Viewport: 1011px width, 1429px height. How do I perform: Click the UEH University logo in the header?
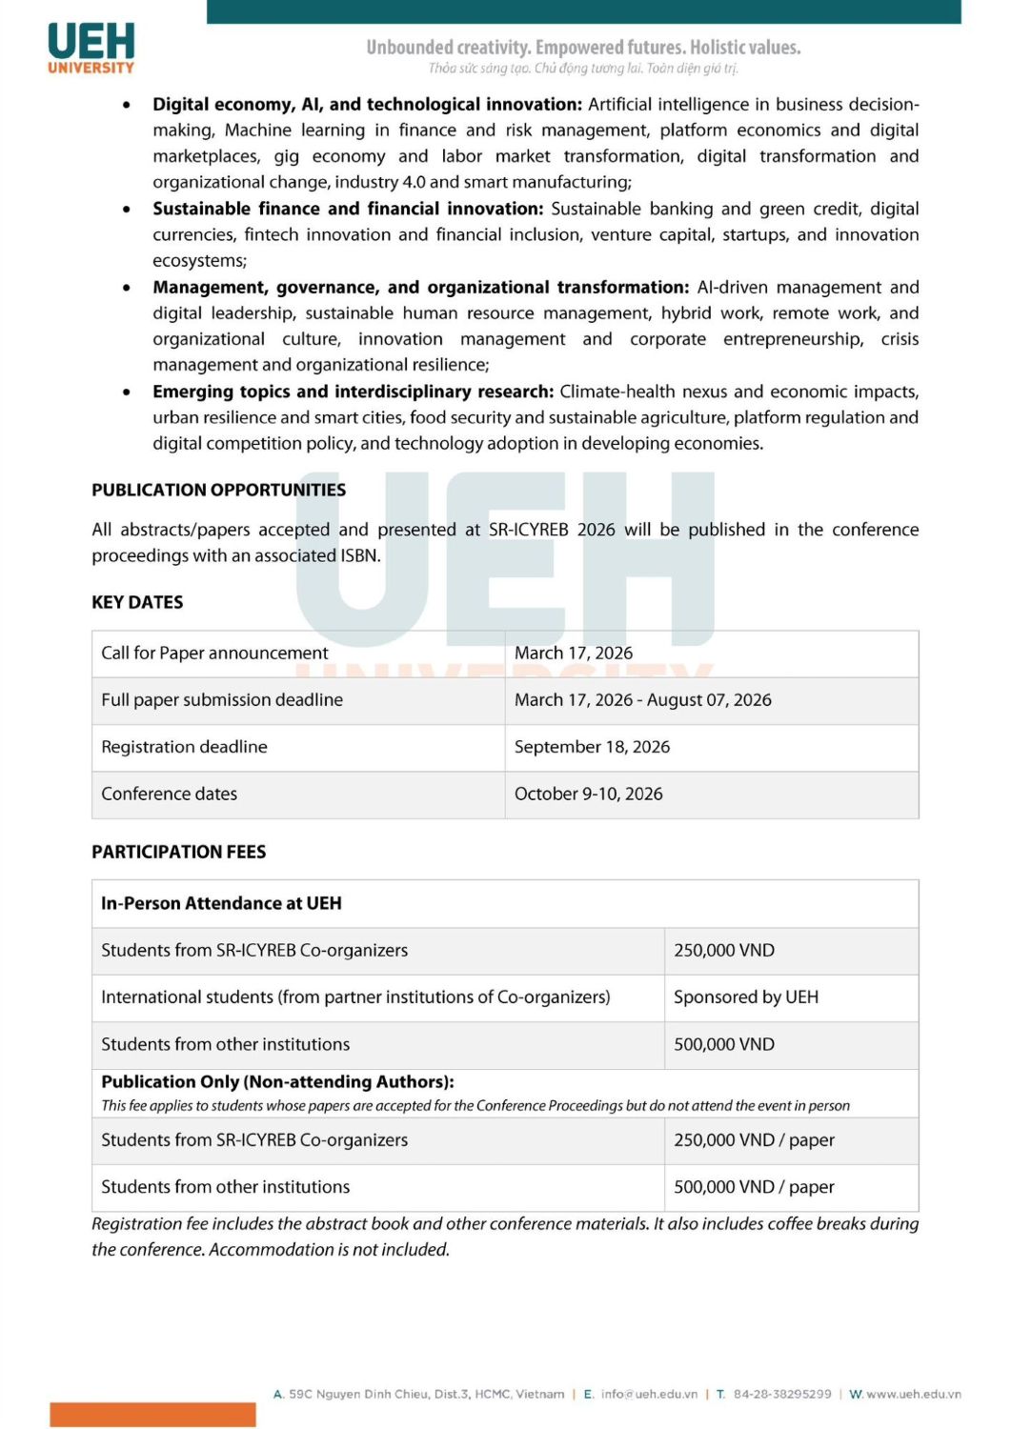pos(91,48)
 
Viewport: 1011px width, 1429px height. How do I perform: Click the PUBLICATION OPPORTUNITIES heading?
pos(218,490)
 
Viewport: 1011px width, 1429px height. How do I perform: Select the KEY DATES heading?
pos(137,602)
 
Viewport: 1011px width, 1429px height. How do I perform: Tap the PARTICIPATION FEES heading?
pos(178,852)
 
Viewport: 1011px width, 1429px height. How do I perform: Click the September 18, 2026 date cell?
pos(592,747)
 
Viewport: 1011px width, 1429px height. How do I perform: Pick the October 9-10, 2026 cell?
pos(588,794)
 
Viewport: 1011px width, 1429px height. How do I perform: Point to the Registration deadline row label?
pos(184,747)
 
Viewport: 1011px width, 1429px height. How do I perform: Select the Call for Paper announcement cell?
pos(214,653)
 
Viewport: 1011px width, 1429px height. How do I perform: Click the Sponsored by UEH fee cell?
pos(745,997)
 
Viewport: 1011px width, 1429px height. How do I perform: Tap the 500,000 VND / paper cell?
pos(754,1187)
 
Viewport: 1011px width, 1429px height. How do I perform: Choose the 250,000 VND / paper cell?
pos(754,1140)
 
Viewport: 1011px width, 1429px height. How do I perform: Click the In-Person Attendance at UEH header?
pos(221,903)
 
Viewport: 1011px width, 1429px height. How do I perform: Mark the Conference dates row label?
pos(169,794)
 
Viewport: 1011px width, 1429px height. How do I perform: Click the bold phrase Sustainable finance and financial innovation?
pos(347,209)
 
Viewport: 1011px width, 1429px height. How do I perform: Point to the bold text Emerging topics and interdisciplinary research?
pos(353,392)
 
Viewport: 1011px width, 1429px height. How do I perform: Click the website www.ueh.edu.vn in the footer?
pos(913,1394)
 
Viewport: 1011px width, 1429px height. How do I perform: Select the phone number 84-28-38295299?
pos(781,1394)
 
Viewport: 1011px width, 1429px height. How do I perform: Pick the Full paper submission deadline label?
pos(222,700)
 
